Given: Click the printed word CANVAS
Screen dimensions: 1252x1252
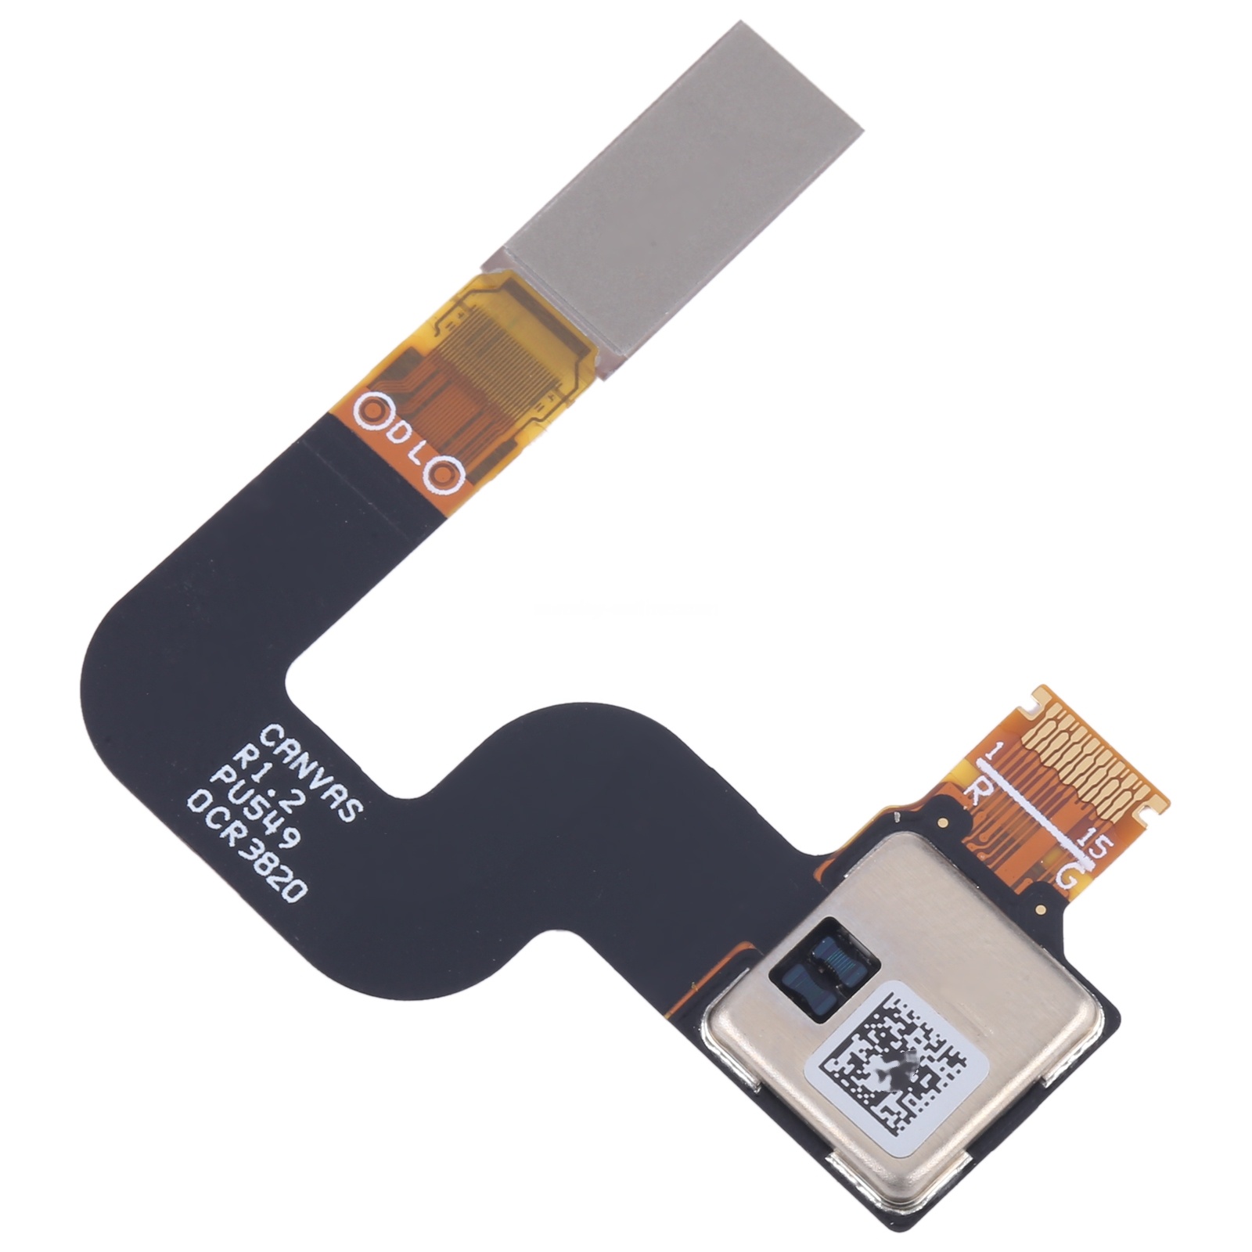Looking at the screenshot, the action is tap(308, 771).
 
